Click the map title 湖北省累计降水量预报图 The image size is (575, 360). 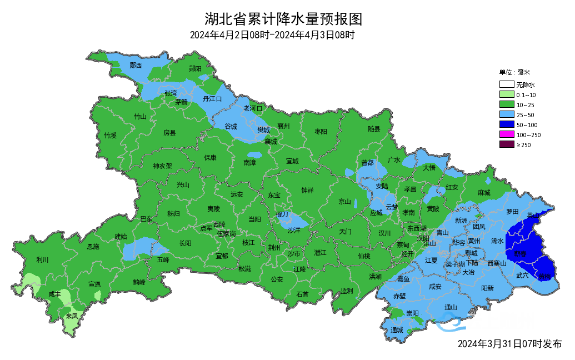[283, 19]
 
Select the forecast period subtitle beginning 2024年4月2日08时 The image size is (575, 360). [272, 35]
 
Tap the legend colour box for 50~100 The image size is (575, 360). [506, 125]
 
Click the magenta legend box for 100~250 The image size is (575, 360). [506, 135]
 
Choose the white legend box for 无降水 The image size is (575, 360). [506, 85]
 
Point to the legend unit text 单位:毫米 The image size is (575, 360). [514, 72]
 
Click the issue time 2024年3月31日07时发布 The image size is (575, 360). [509, 344]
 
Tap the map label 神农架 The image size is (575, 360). [162, 166]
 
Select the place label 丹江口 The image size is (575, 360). [212, 99]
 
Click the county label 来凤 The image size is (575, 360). [72, 316]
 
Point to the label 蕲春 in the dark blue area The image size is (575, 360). [521, 253]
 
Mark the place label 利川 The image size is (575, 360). [42, 259]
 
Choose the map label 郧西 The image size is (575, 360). [135, 66]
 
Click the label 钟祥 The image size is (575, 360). [307, 191]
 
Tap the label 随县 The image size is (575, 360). [374, 129]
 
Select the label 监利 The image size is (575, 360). [347, 291]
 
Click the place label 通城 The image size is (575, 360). [396, 330]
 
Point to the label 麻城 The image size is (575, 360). [484, 193]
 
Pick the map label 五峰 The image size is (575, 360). [163, 259]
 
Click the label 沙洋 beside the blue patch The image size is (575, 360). [294, 229]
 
